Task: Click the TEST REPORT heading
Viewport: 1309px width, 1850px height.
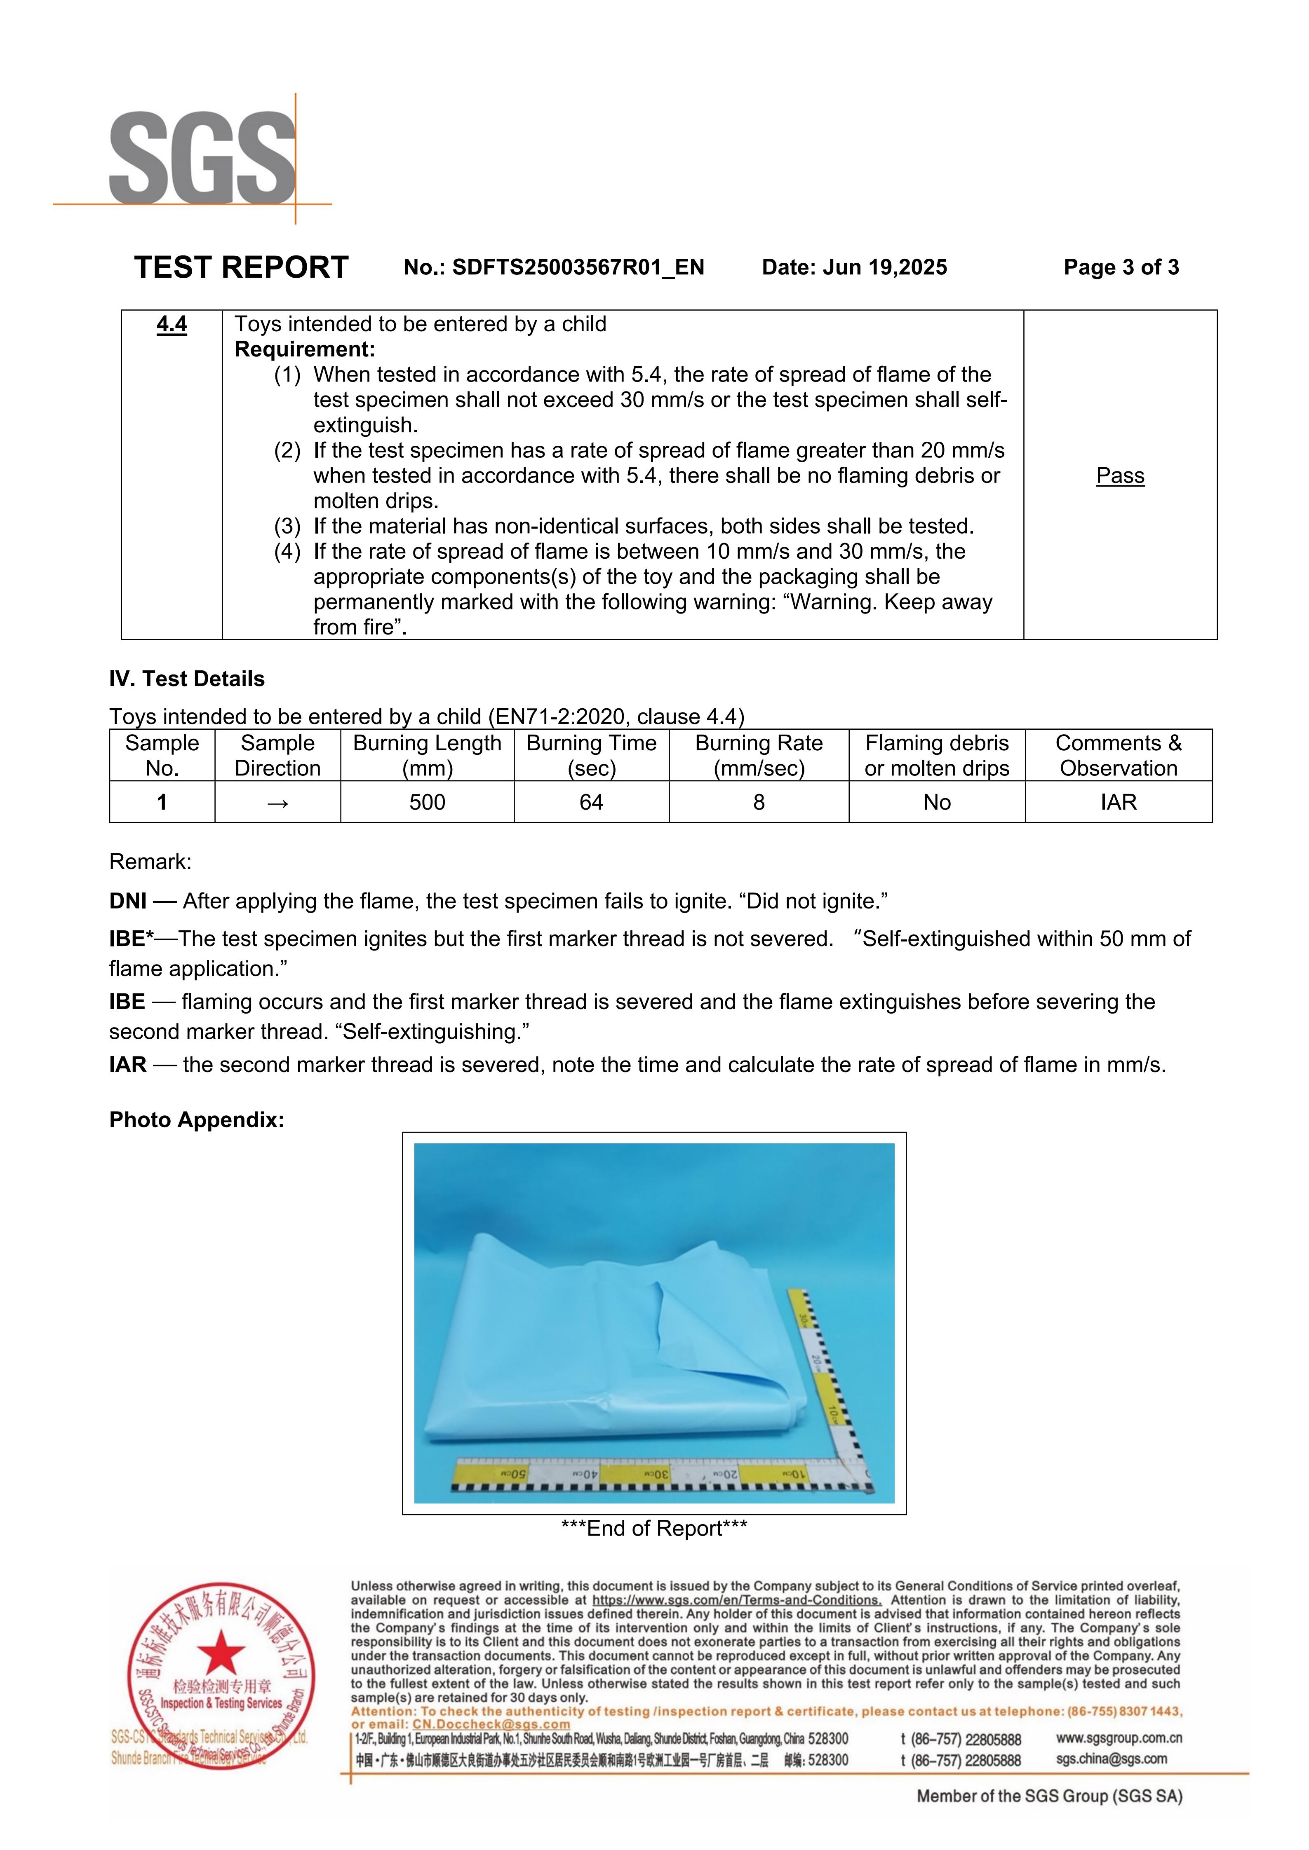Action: click(x=241, y=267)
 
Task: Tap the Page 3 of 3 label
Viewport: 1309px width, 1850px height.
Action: click(x=1121, y=267)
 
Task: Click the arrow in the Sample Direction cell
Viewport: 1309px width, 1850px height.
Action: click(x=277, y=803)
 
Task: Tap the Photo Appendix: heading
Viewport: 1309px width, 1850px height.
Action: click(x=197, y=1120)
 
